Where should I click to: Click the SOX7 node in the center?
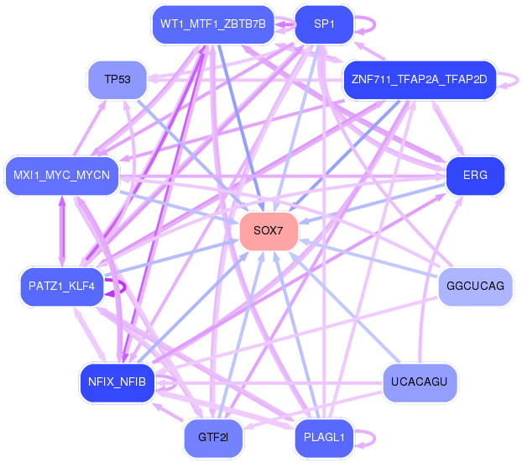(x=269, y=231)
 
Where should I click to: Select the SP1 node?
(x=324, y=24)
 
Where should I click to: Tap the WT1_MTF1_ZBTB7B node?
(x=212, y=24)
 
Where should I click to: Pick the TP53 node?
(x=117, y=80)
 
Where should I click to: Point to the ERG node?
(x=475, y=176)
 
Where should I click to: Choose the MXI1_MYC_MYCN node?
(x=61, y=176)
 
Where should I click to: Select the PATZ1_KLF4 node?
(x=61, y=287)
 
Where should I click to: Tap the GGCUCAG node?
(x=475, y=287)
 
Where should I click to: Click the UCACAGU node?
(x=419, y=382)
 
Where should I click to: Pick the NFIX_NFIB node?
(x=117, y=382)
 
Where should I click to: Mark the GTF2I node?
(x=212, y=438)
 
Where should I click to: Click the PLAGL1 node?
(x=324, y=438)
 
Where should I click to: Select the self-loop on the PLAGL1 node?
(x=370, y=438)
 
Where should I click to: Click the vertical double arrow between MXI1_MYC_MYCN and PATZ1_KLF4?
(x=61, y=231)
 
